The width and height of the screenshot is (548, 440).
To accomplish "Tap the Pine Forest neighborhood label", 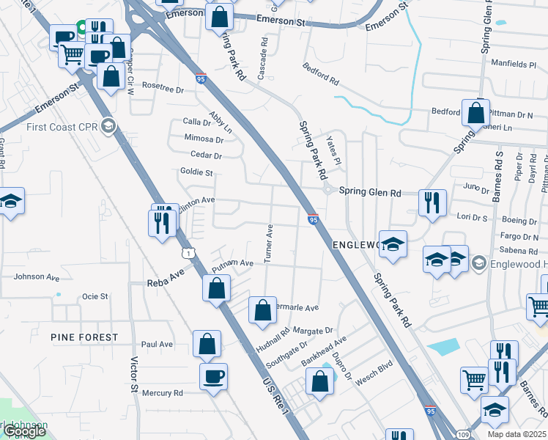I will coord(84,337).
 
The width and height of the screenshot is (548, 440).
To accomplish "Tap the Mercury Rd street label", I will coord(163,393).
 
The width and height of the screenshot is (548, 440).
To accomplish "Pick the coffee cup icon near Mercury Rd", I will coord(214,376).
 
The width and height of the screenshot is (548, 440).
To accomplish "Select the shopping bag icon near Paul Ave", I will coord(207,343).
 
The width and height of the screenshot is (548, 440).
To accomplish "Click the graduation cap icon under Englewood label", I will coord(393,245).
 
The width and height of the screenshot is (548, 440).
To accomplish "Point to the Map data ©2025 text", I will coord(517,434).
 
